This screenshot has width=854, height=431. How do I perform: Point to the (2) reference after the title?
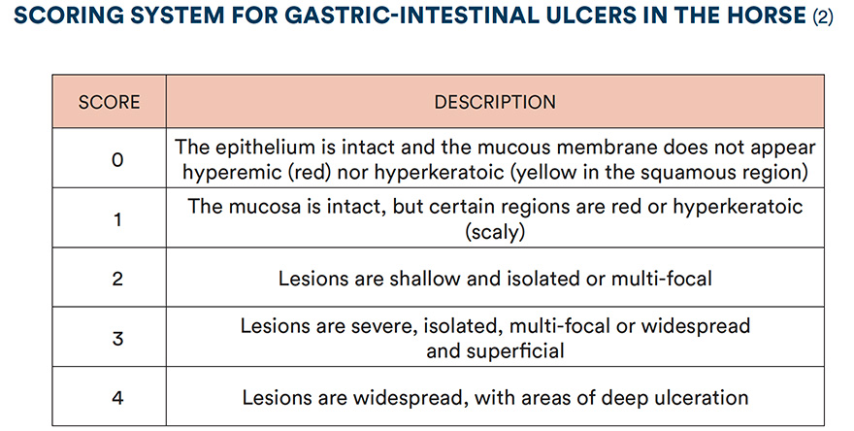coord(820,17)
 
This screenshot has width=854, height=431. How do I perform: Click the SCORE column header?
coord(109,102)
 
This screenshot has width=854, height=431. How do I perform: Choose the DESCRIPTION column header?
coord(495,102)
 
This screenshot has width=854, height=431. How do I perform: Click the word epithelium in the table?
coord(261,148)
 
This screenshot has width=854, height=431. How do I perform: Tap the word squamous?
coord(698,172)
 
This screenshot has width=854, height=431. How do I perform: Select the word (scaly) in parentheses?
coord(495,232)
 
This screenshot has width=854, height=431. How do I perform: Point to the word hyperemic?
coord(222,172)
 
